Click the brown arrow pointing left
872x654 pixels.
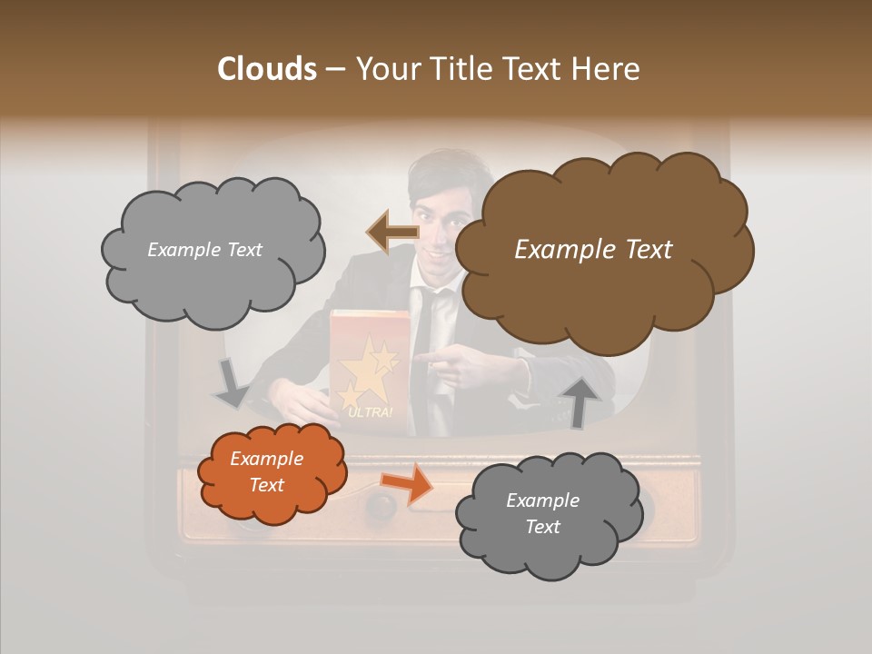click(x=392, y=233)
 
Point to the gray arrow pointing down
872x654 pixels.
click(x=232, y=382)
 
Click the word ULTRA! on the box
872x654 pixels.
click(x=370, y=413)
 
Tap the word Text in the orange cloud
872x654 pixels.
click(x=267, y=485)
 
